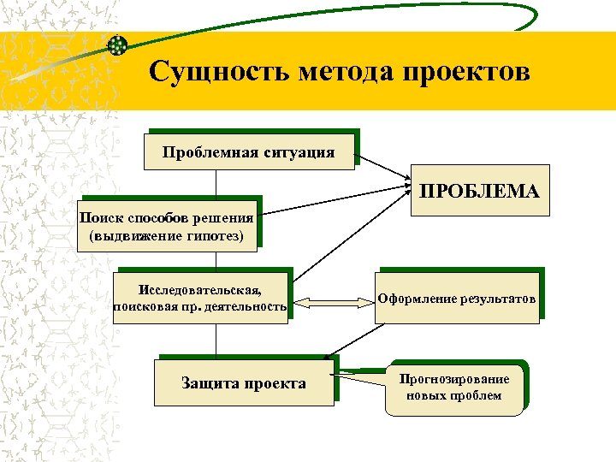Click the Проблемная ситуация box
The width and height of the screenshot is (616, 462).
[250, 153]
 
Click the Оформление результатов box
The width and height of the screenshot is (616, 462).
[459, 299]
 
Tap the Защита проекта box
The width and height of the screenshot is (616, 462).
[243, 382]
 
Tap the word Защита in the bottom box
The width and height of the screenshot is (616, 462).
[209, 382]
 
